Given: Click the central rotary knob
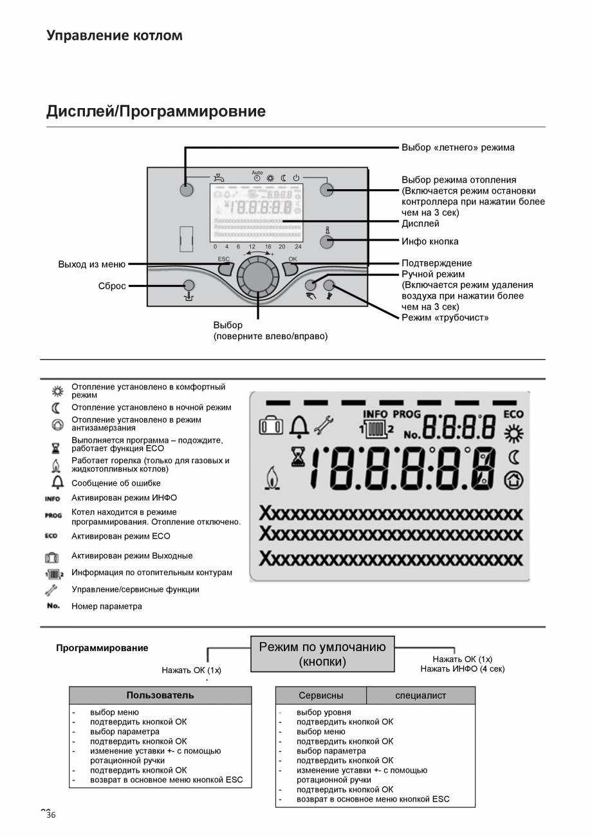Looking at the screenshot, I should [x=258, y=277].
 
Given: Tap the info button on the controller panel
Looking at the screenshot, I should [x=327, y=242].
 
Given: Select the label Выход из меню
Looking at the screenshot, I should [x=92, y=264].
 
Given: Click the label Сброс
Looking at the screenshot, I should [x=112, y=286].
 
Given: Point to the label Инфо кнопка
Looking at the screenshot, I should [x=430, y=242].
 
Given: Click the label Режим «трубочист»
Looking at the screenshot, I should [x=445, y=318].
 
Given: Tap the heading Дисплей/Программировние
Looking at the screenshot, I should [x=156, y=111].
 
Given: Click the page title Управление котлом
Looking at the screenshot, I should [x=115, y=35].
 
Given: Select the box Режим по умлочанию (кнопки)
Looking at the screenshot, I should [x=322, y=654].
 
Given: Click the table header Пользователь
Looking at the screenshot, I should [x=160, y=695].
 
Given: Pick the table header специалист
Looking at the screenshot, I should [x=420, y=695].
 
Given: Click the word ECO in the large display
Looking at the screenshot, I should [x=513, y=415].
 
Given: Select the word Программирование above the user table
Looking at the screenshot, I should [x=102, y=648].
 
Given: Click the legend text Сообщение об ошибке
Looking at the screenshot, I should [x=116, y=483].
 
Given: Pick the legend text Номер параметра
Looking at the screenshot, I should [x=107, y=606].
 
